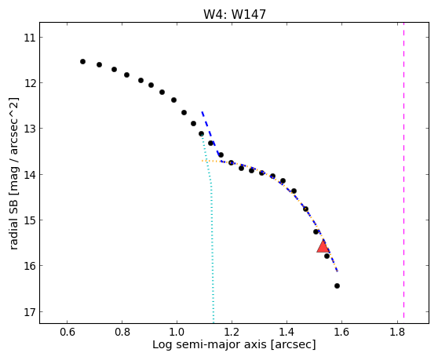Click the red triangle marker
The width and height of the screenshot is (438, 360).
(323, 246)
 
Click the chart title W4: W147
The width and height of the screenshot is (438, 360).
(235, 14)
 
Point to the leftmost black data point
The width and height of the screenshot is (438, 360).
(82, 61)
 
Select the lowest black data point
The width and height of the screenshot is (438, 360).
(337, 285)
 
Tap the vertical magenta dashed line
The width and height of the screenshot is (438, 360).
(403, 173)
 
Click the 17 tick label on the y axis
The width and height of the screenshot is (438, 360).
(30, 312)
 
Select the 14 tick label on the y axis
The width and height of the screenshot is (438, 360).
(30, 175)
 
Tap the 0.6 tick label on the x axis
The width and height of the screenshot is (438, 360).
(67, 332)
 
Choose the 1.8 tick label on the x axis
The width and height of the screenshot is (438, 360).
(397, 332)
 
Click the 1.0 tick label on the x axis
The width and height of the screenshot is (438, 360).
(177, 332)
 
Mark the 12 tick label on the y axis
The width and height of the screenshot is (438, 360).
(30, 83)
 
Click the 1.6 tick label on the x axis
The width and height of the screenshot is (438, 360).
(342, 332)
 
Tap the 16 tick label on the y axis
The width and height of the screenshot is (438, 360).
(30, 266)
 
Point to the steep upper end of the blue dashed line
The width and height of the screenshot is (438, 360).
(202, 112)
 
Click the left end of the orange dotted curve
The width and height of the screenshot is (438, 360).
(202, 161)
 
